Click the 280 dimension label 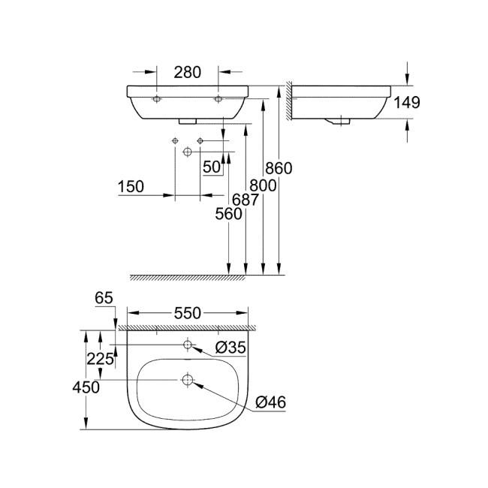pyautogui.click(x=188, y=72)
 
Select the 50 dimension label pyautogui.click(x=212, y=167)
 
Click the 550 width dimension pyautogui.click(x=188, y=313)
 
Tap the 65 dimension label pyautogui.click(x=104, y=298)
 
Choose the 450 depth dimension pyautogui.click(x=87, y=387)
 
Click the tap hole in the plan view pyautogui.click(x=188, y=345)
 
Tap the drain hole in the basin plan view pyautogui.click(x=188, y=381)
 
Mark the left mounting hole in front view pyautogui.click(x=156, y=99)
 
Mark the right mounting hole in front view pyautogui.click(x=218, y=99)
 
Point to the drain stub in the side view pyautogui.click(x=342, y=119)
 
